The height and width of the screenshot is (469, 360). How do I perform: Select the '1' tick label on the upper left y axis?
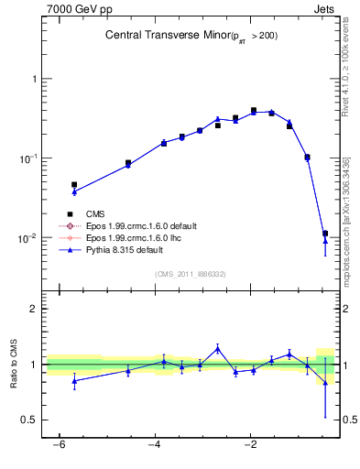click(x=35, y=79)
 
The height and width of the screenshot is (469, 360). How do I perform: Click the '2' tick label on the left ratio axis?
click(x=35, y=309)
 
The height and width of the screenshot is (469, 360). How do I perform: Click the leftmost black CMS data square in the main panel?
click(x=74, y=184)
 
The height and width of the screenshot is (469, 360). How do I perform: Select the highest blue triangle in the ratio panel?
click(x=217, y=348)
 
